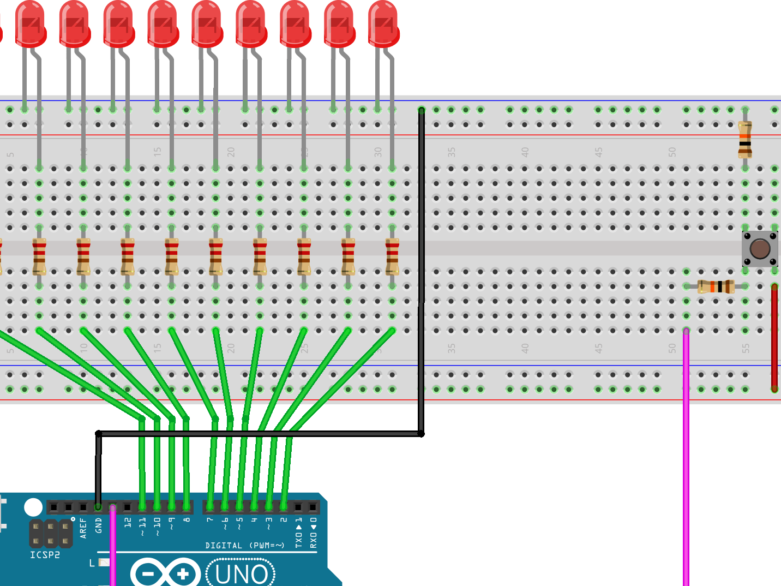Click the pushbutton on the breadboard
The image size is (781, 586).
pos(760,249)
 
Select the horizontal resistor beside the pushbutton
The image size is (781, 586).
pos(716,286)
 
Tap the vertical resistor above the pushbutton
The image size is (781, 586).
pos(745,139)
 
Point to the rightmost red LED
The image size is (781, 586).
pos(384,25)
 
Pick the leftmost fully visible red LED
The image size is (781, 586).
pos(31,25)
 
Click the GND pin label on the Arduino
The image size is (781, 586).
pos(99,525)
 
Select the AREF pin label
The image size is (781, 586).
pos(83,528)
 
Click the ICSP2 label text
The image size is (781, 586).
pos(45,555)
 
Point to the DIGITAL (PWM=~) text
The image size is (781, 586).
pos(245,546)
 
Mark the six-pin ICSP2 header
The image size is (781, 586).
pos(51,534)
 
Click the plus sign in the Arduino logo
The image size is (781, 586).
pos(183,574)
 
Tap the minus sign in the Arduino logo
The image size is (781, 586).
pos(148,574)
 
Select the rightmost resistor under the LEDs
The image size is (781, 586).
pos(392,256)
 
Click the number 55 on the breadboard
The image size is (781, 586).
pos(746,348)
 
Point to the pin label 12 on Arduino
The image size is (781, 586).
pos(128,522)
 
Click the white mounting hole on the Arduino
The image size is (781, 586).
pos(33,507)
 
